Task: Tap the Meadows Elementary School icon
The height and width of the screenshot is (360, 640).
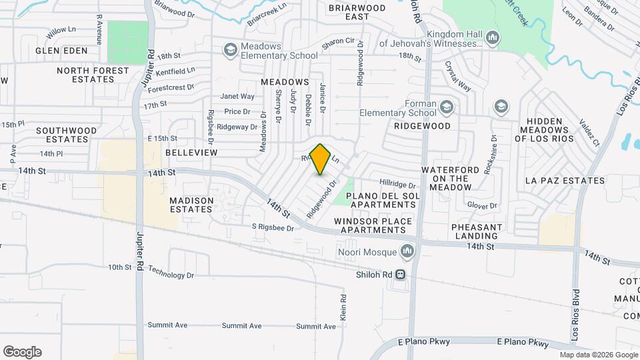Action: [x=230, y=49]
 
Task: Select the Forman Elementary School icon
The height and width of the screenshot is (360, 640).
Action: [x=446, y=107]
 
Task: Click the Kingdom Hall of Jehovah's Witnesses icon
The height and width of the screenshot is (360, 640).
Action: [x=493, y=37]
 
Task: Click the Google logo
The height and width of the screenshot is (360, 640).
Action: [x=22, y=352]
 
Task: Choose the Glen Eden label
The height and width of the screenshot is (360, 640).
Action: [x=61, y=50]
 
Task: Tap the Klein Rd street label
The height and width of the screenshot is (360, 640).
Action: [x=343, y=307]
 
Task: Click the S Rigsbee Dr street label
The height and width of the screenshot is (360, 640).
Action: [x=273, y=228]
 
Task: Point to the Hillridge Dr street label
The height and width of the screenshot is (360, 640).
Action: [x=397, y=183]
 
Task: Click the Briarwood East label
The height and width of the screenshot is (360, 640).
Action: [x=357, y=12]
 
